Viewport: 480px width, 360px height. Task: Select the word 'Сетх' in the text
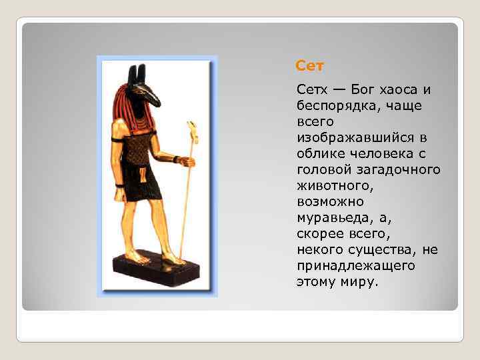[312, 90]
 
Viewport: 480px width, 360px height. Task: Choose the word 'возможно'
[327, 202]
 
